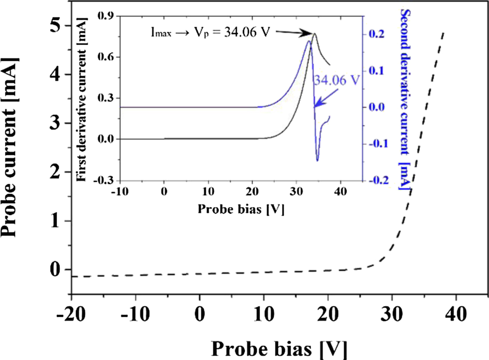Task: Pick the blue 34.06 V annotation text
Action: coord(336,80)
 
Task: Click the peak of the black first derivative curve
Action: coord(314,33)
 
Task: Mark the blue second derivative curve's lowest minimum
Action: coord(317,161)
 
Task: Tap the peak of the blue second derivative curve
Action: coord(309,41)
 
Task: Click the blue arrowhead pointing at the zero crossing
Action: coord(315,105)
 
